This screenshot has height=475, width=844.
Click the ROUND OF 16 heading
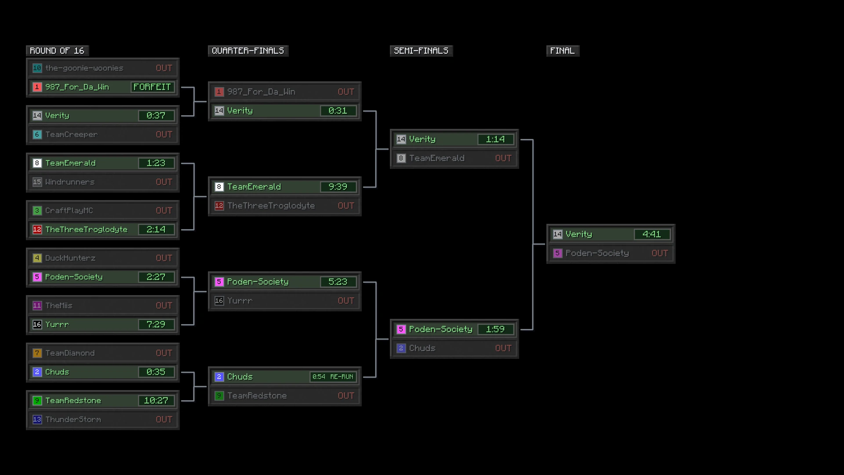tap(57, 51)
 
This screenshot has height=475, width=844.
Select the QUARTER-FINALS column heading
tap(248, 51)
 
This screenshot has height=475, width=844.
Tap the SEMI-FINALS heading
tap(421, 51)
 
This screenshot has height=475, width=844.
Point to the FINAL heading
tap(563, 51)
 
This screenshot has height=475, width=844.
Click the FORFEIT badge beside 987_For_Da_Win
tap(153, 87)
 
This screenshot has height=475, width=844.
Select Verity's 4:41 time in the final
tap(652, 234)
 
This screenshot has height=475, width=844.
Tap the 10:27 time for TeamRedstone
tap(156, 401)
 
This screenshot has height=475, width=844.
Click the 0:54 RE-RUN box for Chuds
tap(333, 377)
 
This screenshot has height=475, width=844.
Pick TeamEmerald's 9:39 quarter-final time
tap(338, 187)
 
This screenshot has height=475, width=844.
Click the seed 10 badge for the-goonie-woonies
tap(37, 68)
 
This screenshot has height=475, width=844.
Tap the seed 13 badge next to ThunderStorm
tap(37, 420)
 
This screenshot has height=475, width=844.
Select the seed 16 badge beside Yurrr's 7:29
tap(37, 325)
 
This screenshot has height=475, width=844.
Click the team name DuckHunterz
tap(70, 258)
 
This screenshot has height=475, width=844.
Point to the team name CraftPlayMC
tap(69, 211)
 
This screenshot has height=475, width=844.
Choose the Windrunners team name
tap(70, 182)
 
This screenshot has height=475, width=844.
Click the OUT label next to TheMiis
tap(164, 306)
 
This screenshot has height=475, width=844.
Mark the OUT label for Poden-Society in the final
tap(660, 253)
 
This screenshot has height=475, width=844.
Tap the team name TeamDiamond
tap(70, 353)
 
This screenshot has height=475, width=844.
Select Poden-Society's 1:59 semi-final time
tap(495, 329)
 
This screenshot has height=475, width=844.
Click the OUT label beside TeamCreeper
tap(164, 135)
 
